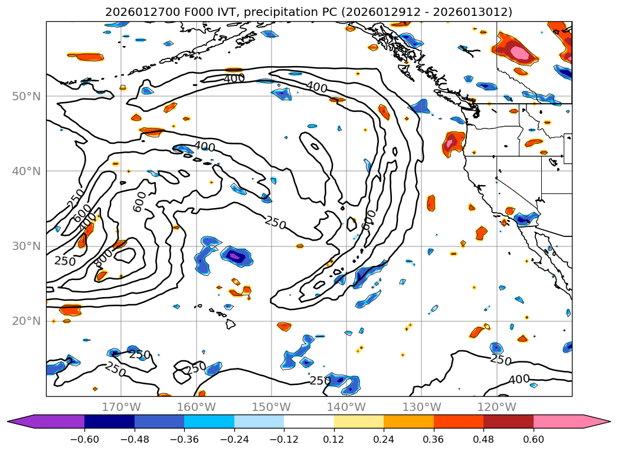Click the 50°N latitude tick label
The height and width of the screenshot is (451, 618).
pos(25,97)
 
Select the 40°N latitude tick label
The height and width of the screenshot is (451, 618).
pos(25,172)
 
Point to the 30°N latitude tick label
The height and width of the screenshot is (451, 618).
pos(25,246)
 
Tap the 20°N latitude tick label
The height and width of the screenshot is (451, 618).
pos(25,321)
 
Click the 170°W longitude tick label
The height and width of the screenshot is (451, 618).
pos(121,407)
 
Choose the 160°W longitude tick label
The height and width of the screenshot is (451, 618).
pos(196,407)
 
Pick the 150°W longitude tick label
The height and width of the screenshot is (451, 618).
pos(271,407)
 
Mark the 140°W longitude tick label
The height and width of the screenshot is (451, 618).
pos(346,407)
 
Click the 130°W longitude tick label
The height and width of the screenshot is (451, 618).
pos(421,407)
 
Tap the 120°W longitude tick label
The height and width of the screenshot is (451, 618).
pos(496,407)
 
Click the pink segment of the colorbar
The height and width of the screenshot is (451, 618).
pos(564,422)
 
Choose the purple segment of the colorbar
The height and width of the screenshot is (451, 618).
pos(53,422)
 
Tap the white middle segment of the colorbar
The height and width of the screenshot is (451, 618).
pos(309,422)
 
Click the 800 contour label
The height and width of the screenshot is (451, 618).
pos(104,258)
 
